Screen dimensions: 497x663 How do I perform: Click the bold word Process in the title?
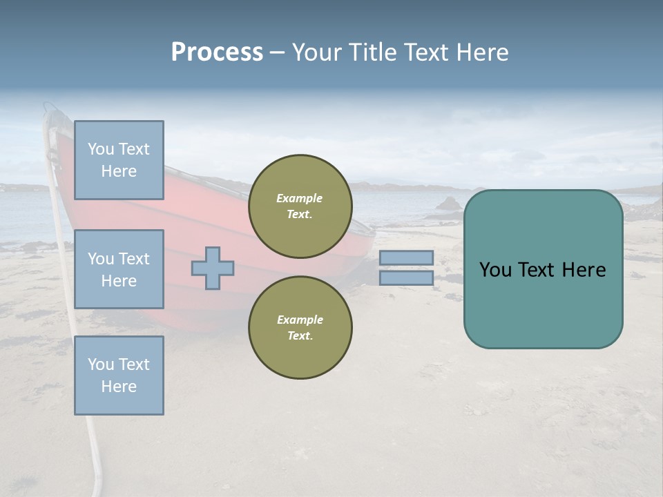pyautogui.click(x=217, y=52)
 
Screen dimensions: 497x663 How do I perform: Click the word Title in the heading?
pyautogui.click(x=370, y=52)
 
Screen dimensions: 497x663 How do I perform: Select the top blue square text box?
pyautogui.click(x=119, y=160)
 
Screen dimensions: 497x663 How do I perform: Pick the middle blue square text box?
pyautogui.click(x=119, y=269)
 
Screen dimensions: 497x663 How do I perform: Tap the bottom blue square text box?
pyautogui.click(x=119, y=376)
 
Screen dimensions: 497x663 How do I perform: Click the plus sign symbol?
pyautogui.click(x=213, y=268)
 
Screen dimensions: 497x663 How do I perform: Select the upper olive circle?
pyautogui.click(x=300, y=206)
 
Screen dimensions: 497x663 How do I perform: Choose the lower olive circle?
pyautogui.click(x=300, y=328)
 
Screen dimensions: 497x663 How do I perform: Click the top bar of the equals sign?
pyautogui.click(x=406, y=257)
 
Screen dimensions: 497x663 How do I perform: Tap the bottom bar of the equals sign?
pyautogui.click(x=406, y=278)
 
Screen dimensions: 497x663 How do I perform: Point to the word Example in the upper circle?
pyautogui.click(x=300, y=198)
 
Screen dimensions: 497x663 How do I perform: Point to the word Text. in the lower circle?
pyautogui.click(x=300, y=336)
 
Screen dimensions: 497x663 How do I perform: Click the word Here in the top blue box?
pyautogui.click(x=119, y=171)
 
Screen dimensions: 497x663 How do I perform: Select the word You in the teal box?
pyautogui.click(x=495, y=270)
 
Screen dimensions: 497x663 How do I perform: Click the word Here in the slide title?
pyautogui.click(x=483, y=52)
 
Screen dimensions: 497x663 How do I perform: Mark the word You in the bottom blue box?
pyautogui.click(x=101, y=364)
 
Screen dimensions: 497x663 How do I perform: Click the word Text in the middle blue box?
pyautogui.click(x=134, y=259)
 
